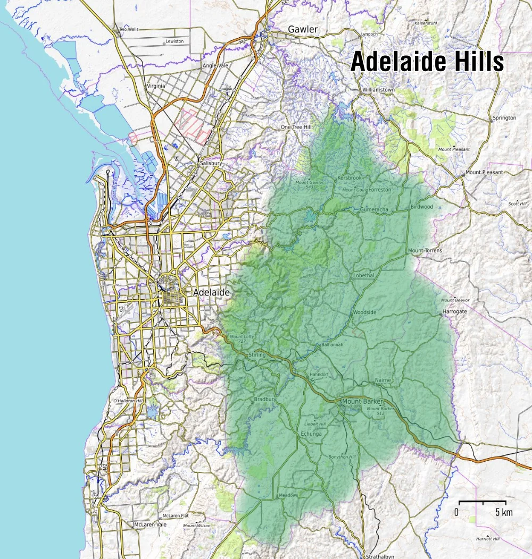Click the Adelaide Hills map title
427,62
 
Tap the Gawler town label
302,29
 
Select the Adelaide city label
212,292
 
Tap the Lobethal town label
364,276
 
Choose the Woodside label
364,312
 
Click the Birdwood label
422,207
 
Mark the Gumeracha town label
375,209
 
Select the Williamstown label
378,90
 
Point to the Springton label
504,117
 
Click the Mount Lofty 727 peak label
241,338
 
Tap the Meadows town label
288,495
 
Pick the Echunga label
312,434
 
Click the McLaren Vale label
150,524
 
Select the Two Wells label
129,29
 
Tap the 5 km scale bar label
503,512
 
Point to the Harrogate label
455,311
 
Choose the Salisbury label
211,163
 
